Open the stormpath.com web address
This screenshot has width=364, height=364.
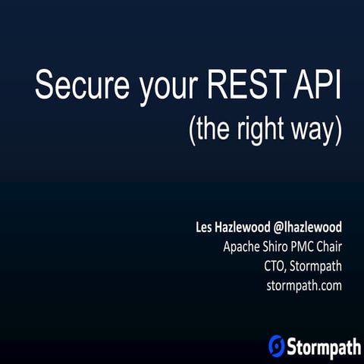pyautogui.click(x=304, y=286)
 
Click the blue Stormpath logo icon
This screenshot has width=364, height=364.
pyautogui.click(x=277, y=345)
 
